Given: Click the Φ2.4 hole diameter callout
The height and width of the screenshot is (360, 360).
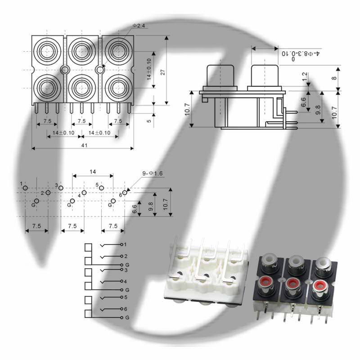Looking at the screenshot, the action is pos(139,26).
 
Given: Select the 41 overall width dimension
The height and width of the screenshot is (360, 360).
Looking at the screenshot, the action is pos(85,145).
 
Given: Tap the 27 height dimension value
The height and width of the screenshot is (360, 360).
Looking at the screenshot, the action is pos(162,72).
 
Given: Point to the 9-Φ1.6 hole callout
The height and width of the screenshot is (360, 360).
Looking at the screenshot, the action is pos(152,173).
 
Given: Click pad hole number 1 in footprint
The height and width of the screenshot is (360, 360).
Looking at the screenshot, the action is pos(25,188).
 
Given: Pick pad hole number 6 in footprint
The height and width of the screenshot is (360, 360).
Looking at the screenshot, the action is pos(125,193).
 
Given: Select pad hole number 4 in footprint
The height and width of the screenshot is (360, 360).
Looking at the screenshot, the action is pos(84,193).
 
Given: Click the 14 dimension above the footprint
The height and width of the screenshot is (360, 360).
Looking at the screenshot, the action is pos(93,172).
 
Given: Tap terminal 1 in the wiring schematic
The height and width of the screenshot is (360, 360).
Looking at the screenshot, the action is pos(122,245).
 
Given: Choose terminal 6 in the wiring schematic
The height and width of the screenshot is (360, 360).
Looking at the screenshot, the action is pos(122,309).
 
